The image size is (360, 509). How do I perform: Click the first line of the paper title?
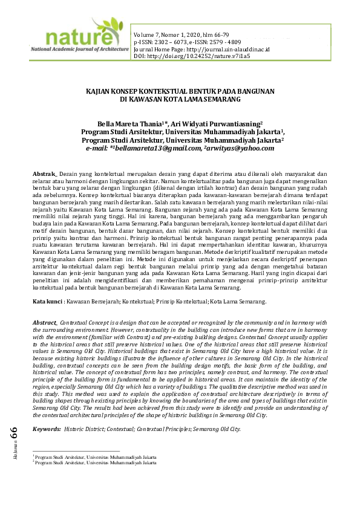point(180,91)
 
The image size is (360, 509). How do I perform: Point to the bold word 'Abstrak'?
point(44,174)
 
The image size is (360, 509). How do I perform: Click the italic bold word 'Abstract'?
point(45,325)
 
